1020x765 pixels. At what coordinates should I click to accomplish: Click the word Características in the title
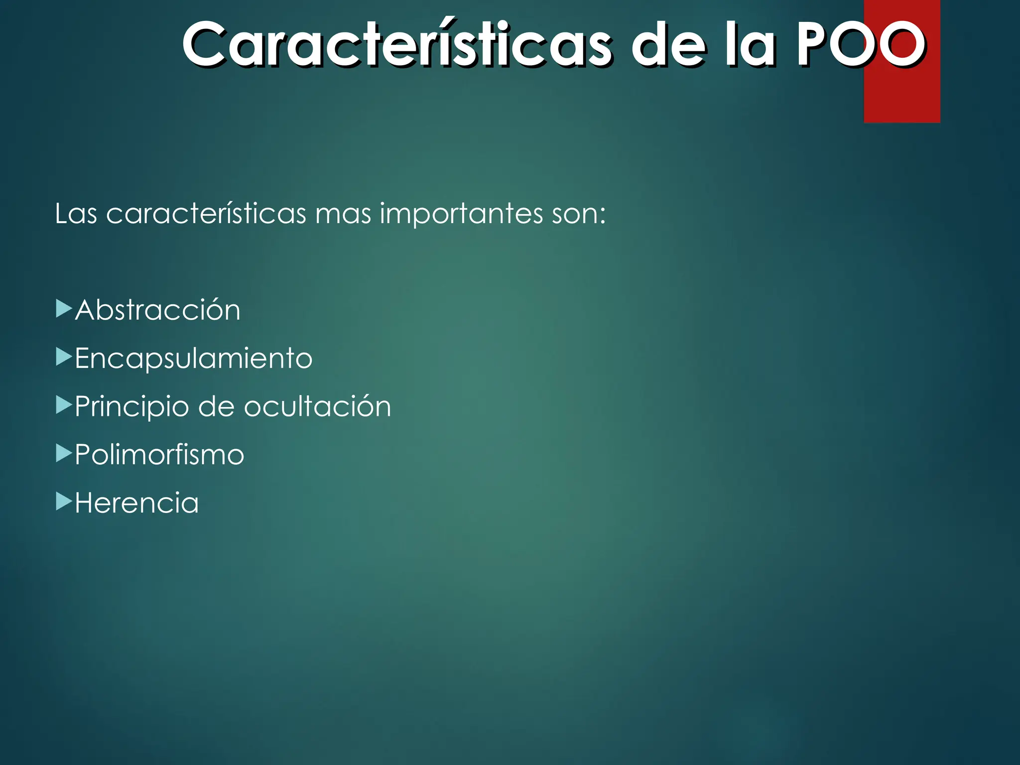pos(396,45)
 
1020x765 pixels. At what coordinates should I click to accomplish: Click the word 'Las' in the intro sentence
pos(76,214)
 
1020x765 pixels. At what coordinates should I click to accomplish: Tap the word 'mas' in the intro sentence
pos(343,215)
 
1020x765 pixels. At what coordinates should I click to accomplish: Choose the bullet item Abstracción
pos(157,310)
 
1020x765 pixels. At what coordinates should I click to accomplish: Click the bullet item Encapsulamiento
pos(193,359)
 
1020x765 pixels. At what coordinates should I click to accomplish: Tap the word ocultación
pos(317,406)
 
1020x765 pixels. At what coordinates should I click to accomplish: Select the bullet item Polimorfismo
pos(159,455)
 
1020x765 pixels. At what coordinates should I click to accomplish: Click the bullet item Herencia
pos(136,503)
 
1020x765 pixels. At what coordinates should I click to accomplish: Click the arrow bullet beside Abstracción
pos(64,309)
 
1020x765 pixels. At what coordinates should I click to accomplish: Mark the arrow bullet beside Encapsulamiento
pos(64,357)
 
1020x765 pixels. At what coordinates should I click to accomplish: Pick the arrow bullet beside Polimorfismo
pos(64,454)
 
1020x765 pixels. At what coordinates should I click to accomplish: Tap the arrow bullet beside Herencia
pos(64,502)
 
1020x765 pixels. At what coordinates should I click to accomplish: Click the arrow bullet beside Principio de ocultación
pos(64,405)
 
